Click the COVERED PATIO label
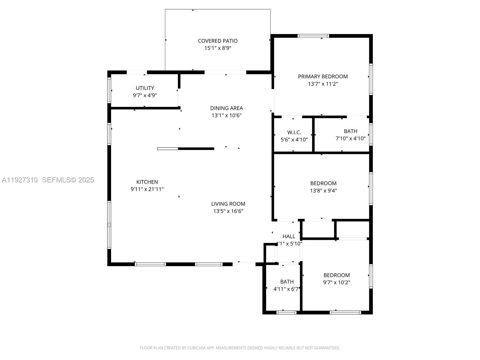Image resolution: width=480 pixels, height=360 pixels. [217, 41]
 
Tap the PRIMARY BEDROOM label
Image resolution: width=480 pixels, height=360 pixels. [323, 76]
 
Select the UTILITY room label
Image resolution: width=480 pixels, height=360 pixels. [145, 88]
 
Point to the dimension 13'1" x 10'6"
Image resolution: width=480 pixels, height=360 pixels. [226, 115]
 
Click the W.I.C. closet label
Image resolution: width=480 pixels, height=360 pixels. [294, 132]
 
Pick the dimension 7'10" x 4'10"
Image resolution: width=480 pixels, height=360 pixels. [350, 139]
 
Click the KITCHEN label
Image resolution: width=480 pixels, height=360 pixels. [147, 182]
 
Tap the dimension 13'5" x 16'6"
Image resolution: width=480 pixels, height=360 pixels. [228, 211]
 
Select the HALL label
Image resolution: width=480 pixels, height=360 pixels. [289, 236]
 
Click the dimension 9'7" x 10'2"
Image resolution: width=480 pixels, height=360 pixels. [337, 283]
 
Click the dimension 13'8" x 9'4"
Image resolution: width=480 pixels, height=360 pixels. [323, 190]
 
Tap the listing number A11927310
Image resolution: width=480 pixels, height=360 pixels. [20, 180]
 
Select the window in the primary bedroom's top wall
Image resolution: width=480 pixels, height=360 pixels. [313, 36]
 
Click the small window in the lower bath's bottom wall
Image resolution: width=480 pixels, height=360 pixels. [286, 313]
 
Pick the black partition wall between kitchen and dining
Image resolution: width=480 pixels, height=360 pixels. [196, 148]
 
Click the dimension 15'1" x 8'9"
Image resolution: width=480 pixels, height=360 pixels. [217, 48]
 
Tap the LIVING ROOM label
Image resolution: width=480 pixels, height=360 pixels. [228, 204]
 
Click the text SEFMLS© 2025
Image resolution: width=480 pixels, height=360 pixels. [68, 180]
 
